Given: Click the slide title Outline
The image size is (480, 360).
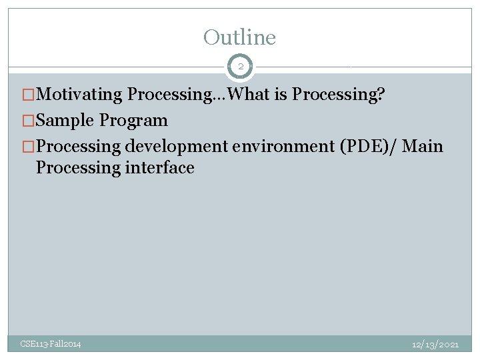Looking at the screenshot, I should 239,37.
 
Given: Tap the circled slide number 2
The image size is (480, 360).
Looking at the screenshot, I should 240,67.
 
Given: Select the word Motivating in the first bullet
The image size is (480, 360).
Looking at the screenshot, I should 80,95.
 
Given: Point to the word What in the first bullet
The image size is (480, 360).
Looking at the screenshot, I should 249,95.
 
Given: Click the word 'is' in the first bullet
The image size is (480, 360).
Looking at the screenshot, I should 281,95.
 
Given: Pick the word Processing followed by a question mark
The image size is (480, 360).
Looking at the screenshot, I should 338,95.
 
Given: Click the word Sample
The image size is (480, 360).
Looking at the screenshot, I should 65,121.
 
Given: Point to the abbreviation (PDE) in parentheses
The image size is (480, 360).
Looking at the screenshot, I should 359,147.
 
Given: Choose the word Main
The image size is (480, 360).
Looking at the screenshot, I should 423,147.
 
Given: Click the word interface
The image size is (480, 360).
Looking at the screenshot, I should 159,168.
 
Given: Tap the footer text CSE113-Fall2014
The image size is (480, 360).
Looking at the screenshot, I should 51,344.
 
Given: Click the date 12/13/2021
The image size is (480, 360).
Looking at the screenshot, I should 435,344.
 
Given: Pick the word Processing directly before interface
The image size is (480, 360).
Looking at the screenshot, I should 78,168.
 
